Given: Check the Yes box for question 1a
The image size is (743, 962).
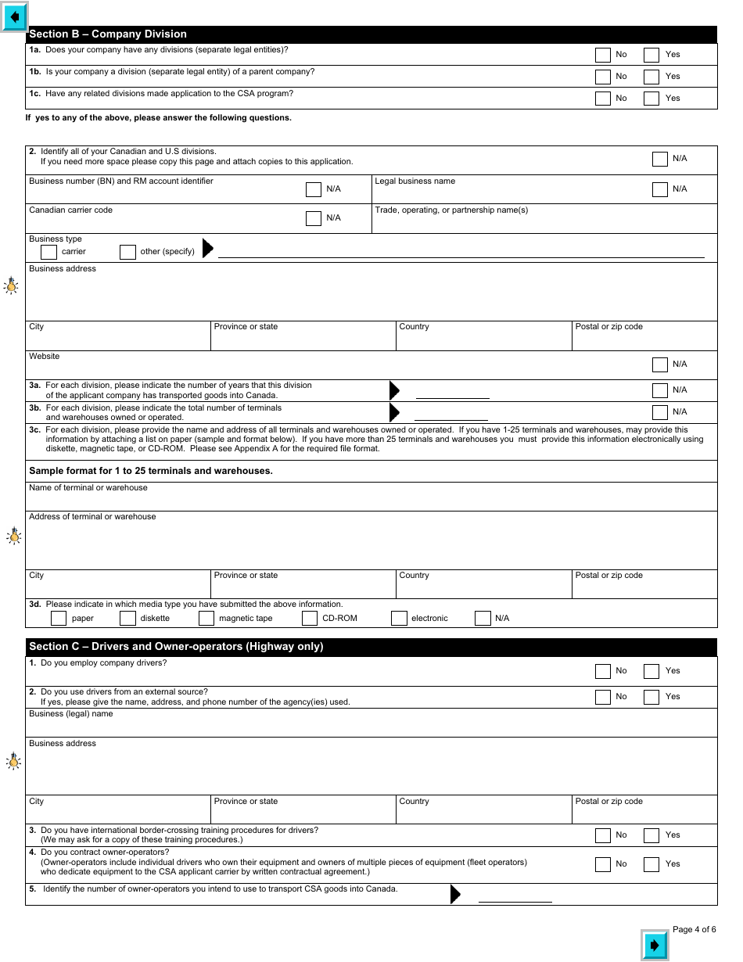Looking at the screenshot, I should click(651, 55).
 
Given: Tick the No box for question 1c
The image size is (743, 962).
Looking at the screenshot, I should click(603, 99).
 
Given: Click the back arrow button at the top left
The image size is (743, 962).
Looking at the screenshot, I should click(15, 16).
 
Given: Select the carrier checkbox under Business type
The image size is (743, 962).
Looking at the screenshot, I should click(48, 252).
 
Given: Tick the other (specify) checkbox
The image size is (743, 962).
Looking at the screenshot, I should click(127, 252).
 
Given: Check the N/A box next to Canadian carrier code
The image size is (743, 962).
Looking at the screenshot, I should click(314, 218).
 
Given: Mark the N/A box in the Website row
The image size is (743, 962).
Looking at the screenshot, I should click(660, 364).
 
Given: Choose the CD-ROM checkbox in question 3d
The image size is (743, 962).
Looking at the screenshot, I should click(310, 619).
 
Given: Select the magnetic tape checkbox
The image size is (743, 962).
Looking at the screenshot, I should click(206, 619).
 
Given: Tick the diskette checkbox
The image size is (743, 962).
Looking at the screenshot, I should click(127, 619).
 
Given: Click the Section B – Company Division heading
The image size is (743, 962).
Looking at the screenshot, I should click(108, 34).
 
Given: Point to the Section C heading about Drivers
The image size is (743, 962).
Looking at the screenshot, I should click(176, 647).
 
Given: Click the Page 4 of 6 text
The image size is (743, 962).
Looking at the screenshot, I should click(694, 929).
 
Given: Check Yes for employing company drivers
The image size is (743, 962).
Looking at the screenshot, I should click(651, 671).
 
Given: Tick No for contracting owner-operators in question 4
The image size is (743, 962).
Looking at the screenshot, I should click(603, 864).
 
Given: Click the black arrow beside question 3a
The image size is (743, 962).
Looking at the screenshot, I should click(394, 390).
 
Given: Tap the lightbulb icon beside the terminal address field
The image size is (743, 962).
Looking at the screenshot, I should click(13, 537).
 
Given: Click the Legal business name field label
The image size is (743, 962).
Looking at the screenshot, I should click(415, 181).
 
